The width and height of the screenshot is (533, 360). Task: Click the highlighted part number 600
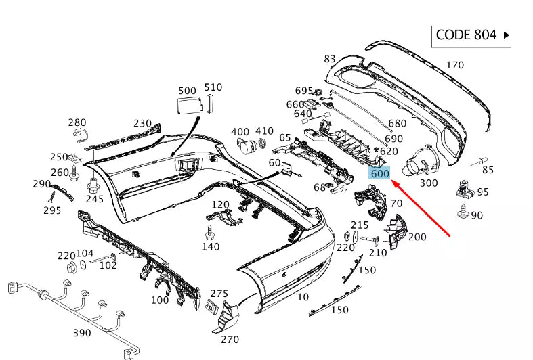pyautogui.click(x=380, y=174)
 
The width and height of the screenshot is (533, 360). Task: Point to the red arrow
pyautogui.click(x=421, y=206)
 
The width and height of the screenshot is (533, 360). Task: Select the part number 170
pyautogui.click(x=454, y=66)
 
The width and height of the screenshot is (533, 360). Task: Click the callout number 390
pyautogui.click(x=82, y=334)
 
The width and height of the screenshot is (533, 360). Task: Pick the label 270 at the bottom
pyautogui.click(x=230, y=340)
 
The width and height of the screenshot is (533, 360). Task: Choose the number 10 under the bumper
pyautogui.click(x=303, y=297)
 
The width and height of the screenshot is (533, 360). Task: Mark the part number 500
pyautogui.click(x=187, y=90)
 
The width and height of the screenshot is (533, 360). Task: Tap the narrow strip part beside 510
pyautogui.click(x=210, y=103)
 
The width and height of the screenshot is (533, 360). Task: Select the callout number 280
pyautogui.click(x=77, y=122)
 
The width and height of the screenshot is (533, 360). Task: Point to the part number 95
pyautogui.click(x=482, y=192)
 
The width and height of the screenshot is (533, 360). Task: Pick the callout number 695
pyautogui.click(x=304, y=91)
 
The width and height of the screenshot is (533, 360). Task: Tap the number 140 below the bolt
pyautogui.click(x=211, y=247)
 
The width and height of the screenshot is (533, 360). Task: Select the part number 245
pyautogui.click(x=95, y=199)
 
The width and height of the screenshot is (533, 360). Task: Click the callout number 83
pyautogui.click(x=330, y=59)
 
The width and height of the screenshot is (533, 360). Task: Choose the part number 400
pyautogui.click(x=240, y=131)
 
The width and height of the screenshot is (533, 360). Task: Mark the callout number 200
pyautogui.click(x=417, y=237)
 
